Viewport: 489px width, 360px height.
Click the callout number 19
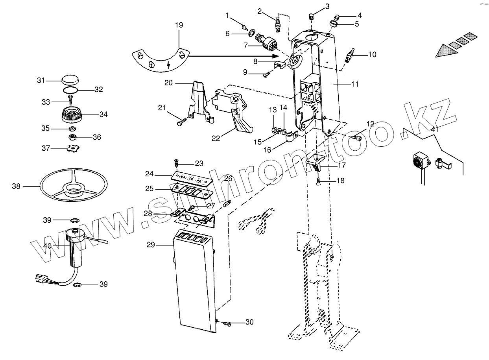point(179,25)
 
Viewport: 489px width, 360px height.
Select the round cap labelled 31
point(70,80)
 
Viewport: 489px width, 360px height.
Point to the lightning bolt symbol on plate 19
point(169,65)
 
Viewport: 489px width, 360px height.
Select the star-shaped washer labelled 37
point(72,149)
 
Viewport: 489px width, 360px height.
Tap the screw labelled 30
point(227,324)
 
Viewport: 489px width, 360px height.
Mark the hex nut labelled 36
point(72,137)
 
